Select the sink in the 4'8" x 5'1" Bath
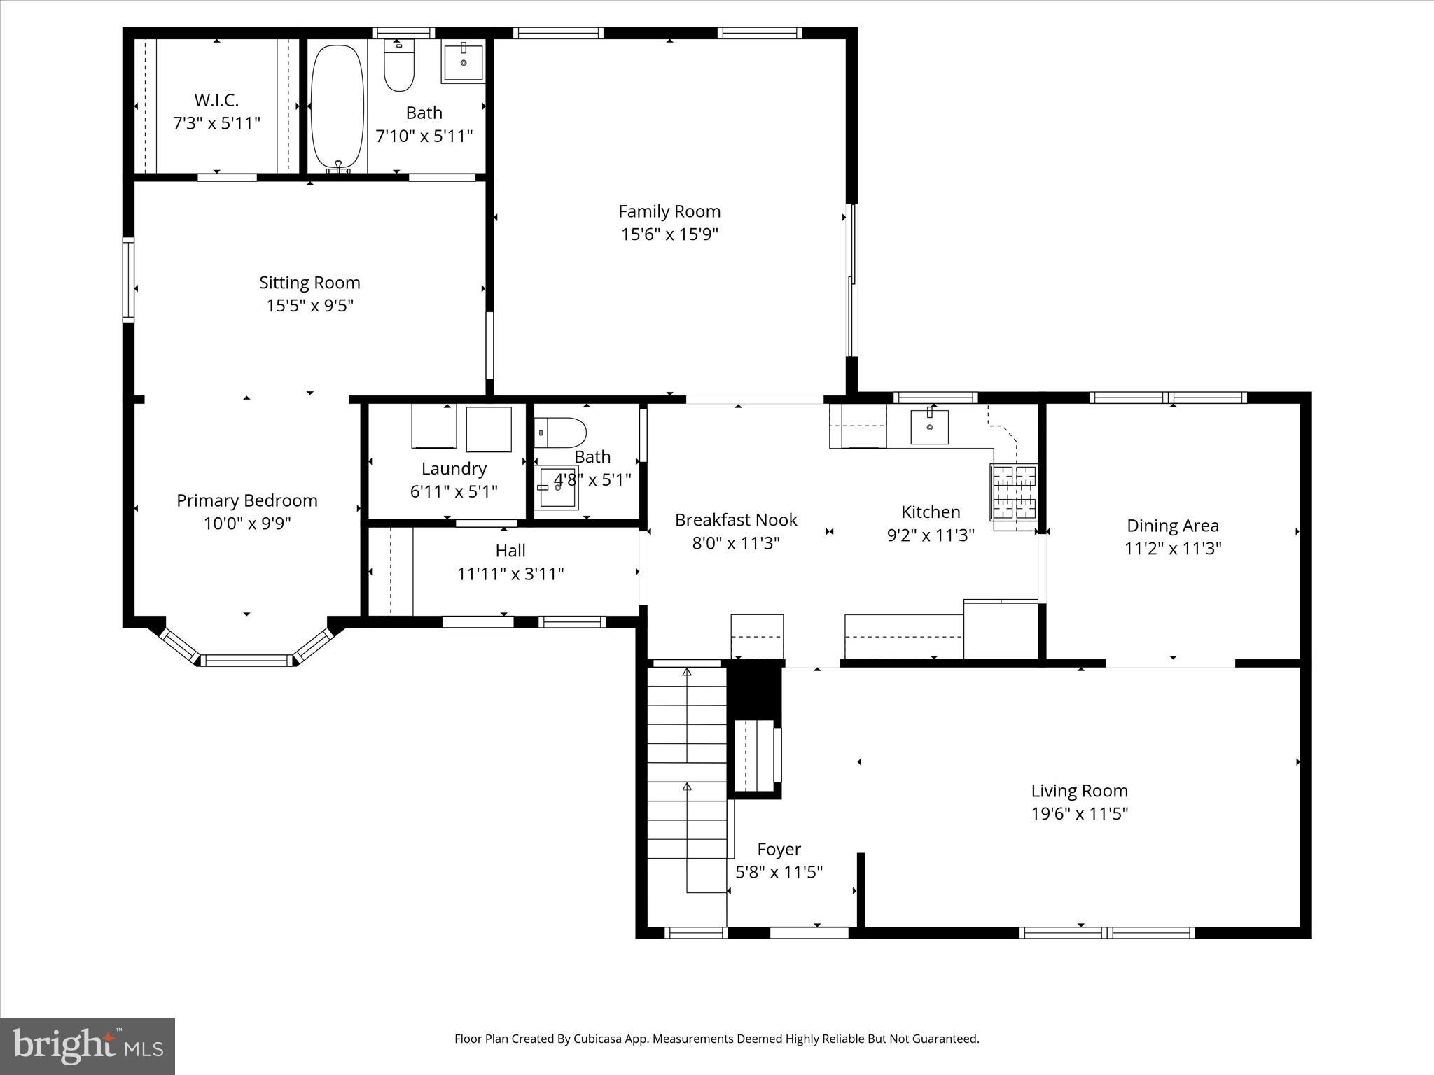click(558, 488)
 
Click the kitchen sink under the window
click(929, 427)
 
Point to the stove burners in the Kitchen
click(1013, 492)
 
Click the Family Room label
click(669, 211)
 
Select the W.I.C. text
click(216, 100)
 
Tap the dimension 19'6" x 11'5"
click(1079, 813)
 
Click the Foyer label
click(779, 849)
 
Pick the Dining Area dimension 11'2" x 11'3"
click(1172, 548)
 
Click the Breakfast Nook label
click(736, 520)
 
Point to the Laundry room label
click(454, 469)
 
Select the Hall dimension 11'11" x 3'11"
click(510, 574)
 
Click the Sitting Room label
click(309, 283)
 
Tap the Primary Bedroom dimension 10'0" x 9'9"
click(246, 524)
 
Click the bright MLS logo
click(88, 1046)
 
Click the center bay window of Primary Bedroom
click(246, 660)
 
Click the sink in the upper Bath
click(463, 62)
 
